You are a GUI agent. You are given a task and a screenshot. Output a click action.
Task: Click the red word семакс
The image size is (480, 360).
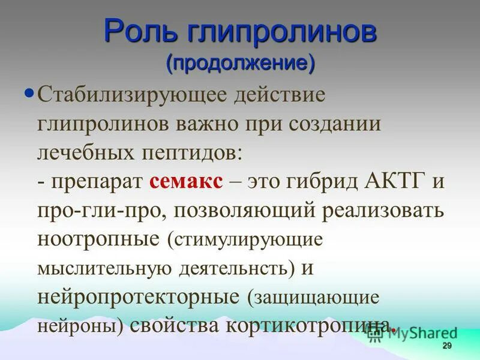[x=187, y=182]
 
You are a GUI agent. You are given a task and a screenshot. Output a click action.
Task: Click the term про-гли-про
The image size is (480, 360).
[x=93, y=211]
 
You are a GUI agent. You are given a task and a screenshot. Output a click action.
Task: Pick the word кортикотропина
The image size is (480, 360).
[x=311, y=325]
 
